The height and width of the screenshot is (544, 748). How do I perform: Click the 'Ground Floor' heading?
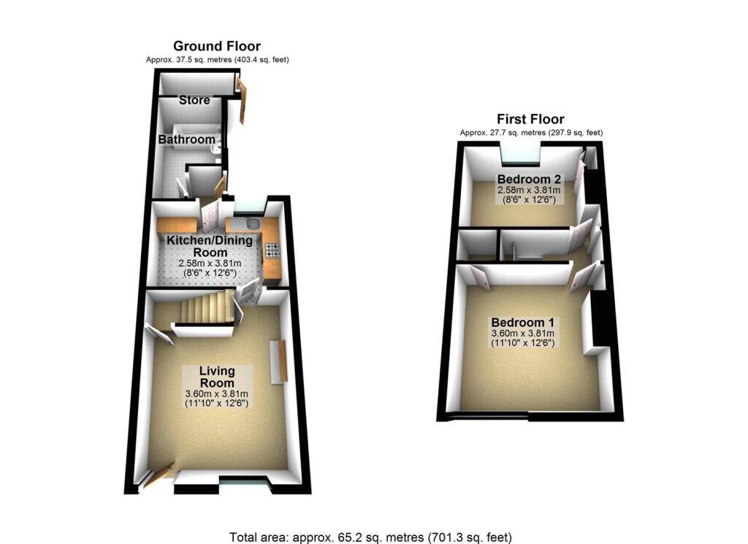(x=216, y=47)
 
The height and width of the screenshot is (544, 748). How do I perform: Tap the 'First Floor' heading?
(x=530, y=120)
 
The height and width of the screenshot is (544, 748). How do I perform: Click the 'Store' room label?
(x=194, y=100)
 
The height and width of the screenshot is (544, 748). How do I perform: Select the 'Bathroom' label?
(x=187, y=139)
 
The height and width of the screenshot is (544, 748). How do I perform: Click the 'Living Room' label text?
(x=217, y=378)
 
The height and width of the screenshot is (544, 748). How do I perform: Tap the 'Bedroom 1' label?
(x=522, y=323)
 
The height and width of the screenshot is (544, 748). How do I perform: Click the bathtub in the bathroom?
(x=191, y=150)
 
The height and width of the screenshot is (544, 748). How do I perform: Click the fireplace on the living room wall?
(x=278, y=361)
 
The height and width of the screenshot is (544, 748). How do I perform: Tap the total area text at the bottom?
(x=371, y=537)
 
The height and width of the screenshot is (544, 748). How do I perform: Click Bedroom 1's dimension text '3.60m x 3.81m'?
(x=522, y=334)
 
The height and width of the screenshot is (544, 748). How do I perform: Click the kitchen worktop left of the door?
(x=175, y=224)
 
